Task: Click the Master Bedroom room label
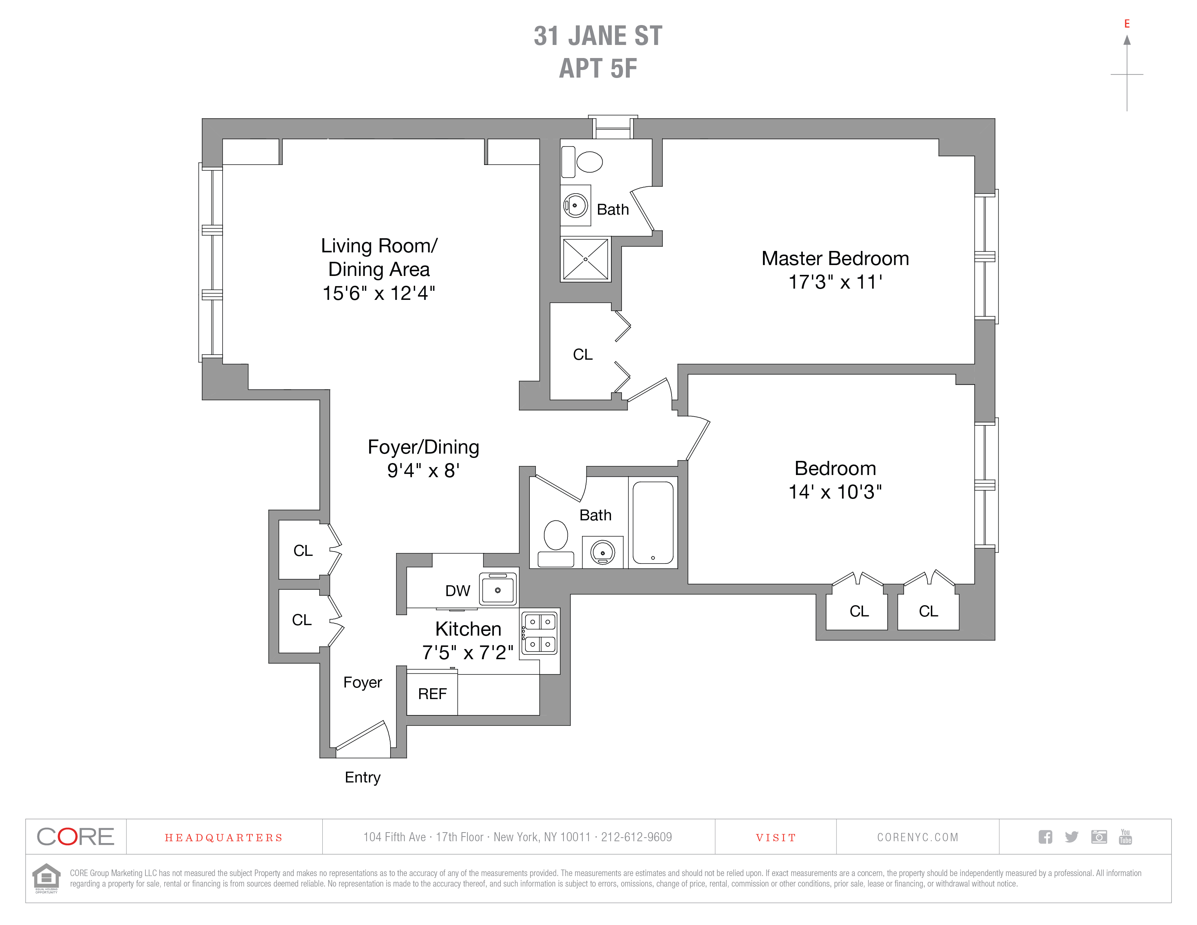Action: click(x=835, y=259)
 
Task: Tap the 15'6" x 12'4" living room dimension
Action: click(x=379, y=293)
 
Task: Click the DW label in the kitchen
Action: click(x=457, y=591)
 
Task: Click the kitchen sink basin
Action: click(x=498, y=590)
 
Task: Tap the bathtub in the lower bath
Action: click(x=653, y=522)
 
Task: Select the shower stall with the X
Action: click(x=585, y=259)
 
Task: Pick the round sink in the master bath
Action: click(x=575, y=206)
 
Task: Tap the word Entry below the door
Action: click(x=362, y=777)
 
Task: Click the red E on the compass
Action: click(x=1127, y=24)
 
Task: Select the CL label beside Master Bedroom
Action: click(x=583, y=355)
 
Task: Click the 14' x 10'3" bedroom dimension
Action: click(x=835, y=492)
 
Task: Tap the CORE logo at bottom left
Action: click(x=76, y=837)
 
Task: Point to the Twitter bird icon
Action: click(x=1072, y=837)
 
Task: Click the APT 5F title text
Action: click(x=598, y=69)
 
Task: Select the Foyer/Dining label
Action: click(x=423, y=447)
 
